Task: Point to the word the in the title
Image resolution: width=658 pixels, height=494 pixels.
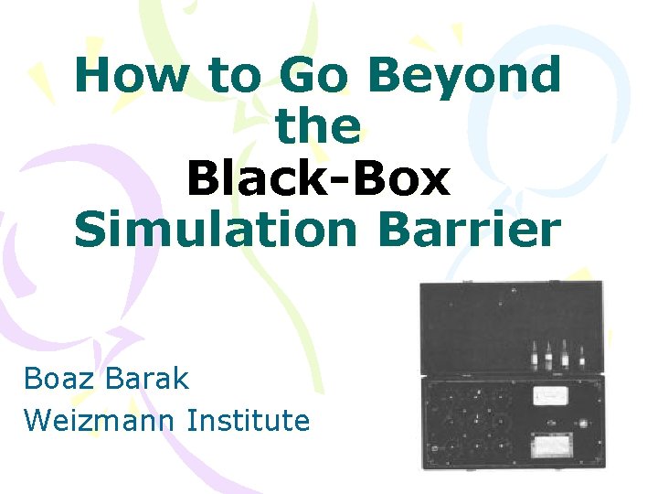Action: point(318,126)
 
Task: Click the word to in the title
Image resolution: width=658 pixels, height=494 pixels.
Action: point(236,77)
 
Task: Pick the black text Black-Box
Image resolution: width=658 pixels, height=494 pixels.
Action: point(318,177)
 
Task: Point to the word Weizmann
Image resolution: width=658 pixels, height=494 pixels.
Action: point(101,420)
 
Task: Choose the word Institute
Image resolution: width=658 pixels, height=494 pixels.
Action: point(249,420)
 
